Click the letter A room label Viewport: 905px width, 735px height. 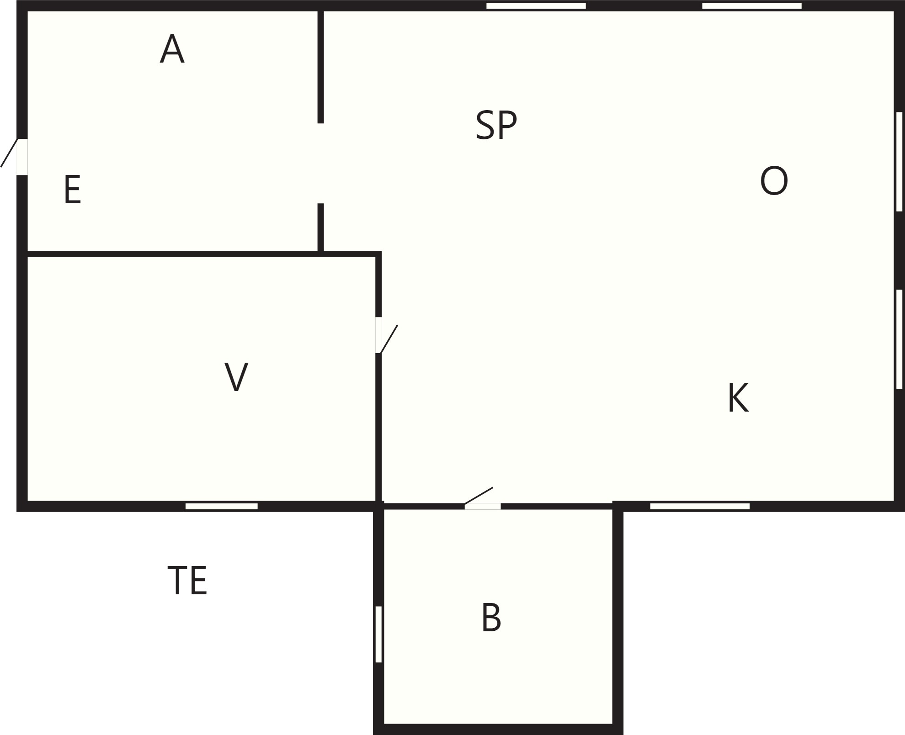172,48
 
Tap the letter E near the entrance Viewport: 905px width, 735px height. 73,190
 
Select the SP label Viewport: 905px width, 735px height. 496,125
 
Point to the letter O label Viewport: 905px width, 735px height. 774,181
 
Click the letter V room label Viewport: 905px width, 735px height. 236,377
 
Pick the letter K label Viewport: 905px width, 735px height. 738,398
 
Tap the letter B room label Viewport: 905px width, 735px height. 491,618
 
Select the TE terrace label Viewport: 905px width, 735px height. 187,580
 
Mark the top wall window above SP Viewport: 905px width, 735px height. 536,5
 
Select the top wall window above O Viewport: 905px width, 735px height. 752,5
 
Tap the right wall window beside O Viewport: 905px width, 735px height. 899,161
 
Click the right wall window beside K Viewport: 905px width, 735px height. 899,339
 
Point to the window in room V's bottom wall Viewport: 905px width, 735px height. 222,506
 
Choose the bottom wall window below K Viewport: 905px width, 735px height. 700,506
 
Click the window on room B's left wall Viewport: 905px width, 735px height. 378,634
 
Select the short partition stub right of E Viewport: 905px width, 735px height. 321,227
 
